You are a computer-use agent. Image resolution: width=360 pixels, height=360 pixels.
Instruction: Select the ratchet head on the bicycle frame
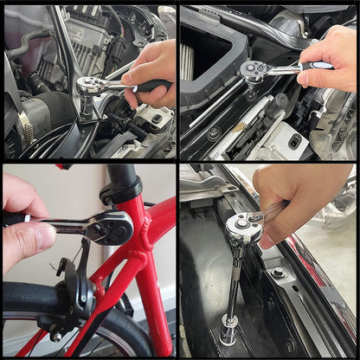tap(112, 228)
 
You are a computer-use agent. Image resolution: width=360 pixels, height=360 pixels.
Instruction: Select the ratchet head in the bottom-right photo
tap(242, 228)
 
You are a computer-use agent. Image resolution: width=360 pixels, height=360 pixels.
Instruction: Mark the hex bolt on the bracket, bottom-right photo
tap(279, 273)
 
